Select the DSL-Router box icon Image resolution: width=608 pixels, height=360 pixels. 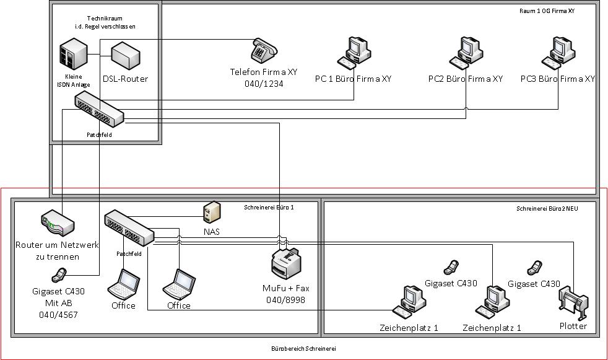(126, 57)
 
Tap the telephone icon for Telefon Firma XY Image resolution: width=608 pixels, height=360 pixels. (264, 50)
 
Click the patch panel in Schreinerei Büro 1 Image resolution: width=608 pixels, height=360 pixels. (129, 227)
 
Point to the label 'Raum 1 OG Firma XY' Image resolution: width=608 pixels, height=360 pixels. (547, 11)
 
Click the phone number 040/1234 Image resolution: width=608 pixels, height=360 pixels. (264, 83)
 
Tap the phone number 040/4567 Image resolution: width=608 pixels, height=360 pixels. (58, 315)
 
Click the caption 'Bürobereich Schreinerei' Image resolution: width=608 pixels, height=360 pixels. (304, 349)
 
